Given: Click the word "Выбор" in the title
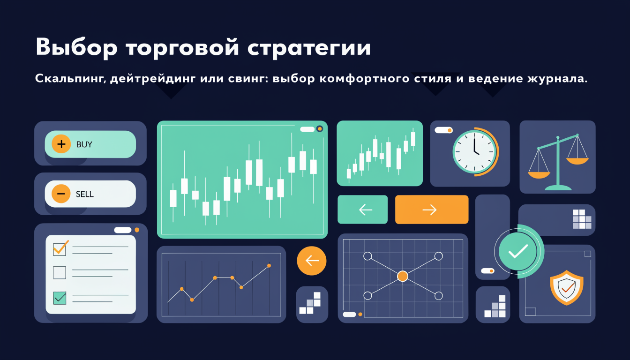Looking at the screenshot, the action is (76, 47).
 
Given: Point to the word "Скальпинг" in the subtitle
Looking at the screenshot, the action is (71, 78).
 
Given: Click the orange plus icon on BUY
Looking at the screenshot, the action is (61, 144).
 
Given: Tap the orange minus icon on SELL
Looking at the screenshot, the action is (61, 194).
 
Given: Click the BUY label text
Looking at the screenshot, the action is (84, 144).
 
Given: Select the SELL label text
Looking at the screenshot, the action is (85, 194).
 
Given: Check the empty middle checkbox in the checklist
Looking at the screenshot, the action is (60, 272).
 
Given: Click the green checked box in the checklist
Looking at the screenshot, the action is (60, 298).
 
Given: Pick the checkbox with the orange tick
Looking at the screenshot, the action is (60, 248).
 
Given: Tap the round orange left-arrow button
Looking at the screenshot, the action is (312, 261).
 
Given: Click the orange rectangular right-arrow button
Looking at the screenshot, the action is (432, 210).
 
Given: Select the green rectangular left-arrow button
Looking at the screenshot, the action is (362, 210).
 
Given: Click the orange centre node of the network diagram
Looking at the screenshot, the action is (403, 276).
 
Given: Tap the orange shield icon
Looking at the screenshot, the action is (566, 287).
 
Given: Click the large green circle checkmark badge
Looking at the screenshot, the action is (518, 251).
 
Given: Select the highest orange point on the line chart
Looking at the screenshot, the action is (269, 265).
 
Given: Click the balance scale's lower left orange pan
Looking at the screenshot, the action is (539, 175).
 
